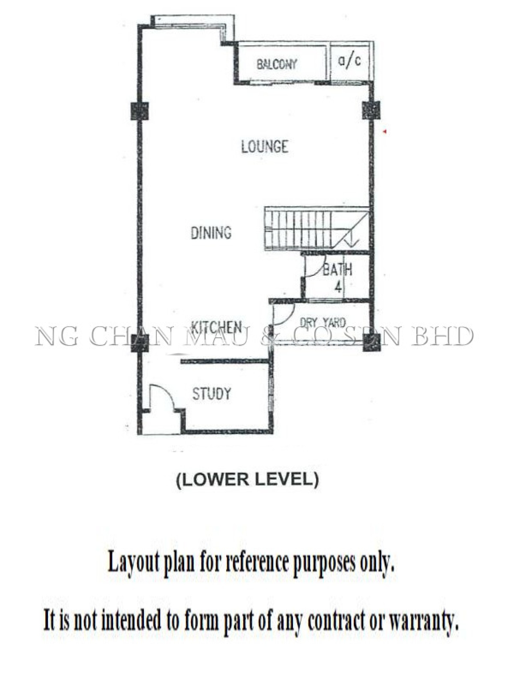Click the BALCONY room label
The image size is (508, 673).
click(277, 64)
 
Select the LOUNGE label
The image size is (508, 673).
click(265, 146)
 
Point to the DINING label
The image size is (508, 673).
click(211, 233)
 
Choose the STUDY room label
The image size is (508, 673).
click(211, 394)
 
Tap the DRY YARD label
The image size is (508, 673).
click(323, 323)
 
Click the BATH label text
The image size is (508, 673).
click(337, 270)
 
